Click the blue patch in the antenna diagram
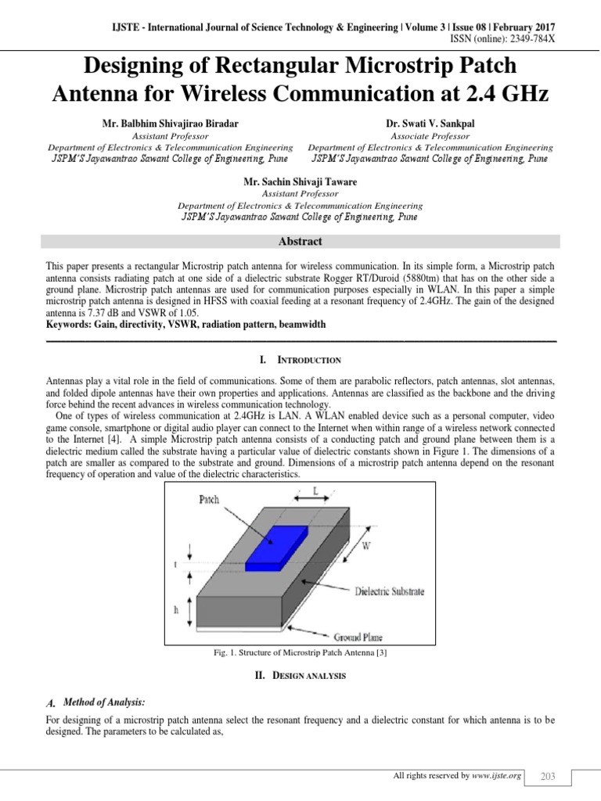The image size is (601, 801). pos(277,546)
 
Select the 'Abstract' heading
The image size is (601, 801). pos(300,242)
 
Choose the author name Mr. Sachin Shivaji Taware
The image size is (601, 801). pos(300,182)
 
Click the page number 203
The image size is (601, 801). pos(548,776)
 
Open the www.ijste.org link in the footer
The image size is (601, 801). pos(498,776)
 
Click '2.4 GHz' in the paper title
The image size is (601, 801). pos(499,95)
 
